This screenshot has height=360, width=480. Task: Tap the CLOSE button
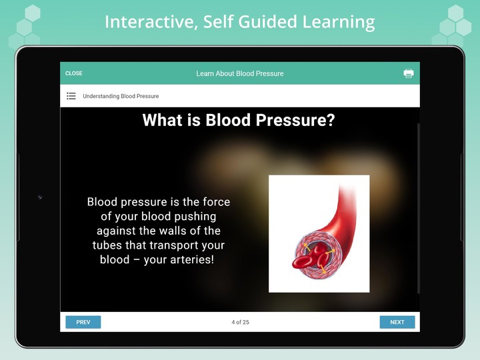(74, 73)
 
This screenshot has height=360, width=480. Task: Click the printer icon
(409, 73)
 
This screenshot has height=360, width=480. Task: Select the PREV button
(83, 322)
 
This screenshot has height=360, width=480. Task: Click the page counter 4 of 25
(240, 322)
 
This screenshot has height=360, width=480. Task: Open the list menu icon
(71, 96)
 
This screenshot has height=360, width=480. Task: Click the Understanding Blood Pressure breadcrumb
(121, 96)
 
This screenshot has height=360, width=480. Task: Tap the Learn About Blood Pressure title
(240, 73)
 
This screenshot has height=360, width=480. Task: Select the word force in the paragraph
(215, 202)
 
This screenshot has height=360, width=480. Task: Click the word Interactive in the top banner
(147, 21)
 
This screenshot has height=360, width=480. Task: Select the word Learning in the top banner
(339, 21)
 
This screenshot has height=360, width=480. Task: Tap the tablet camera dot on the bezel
(39, 197)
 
